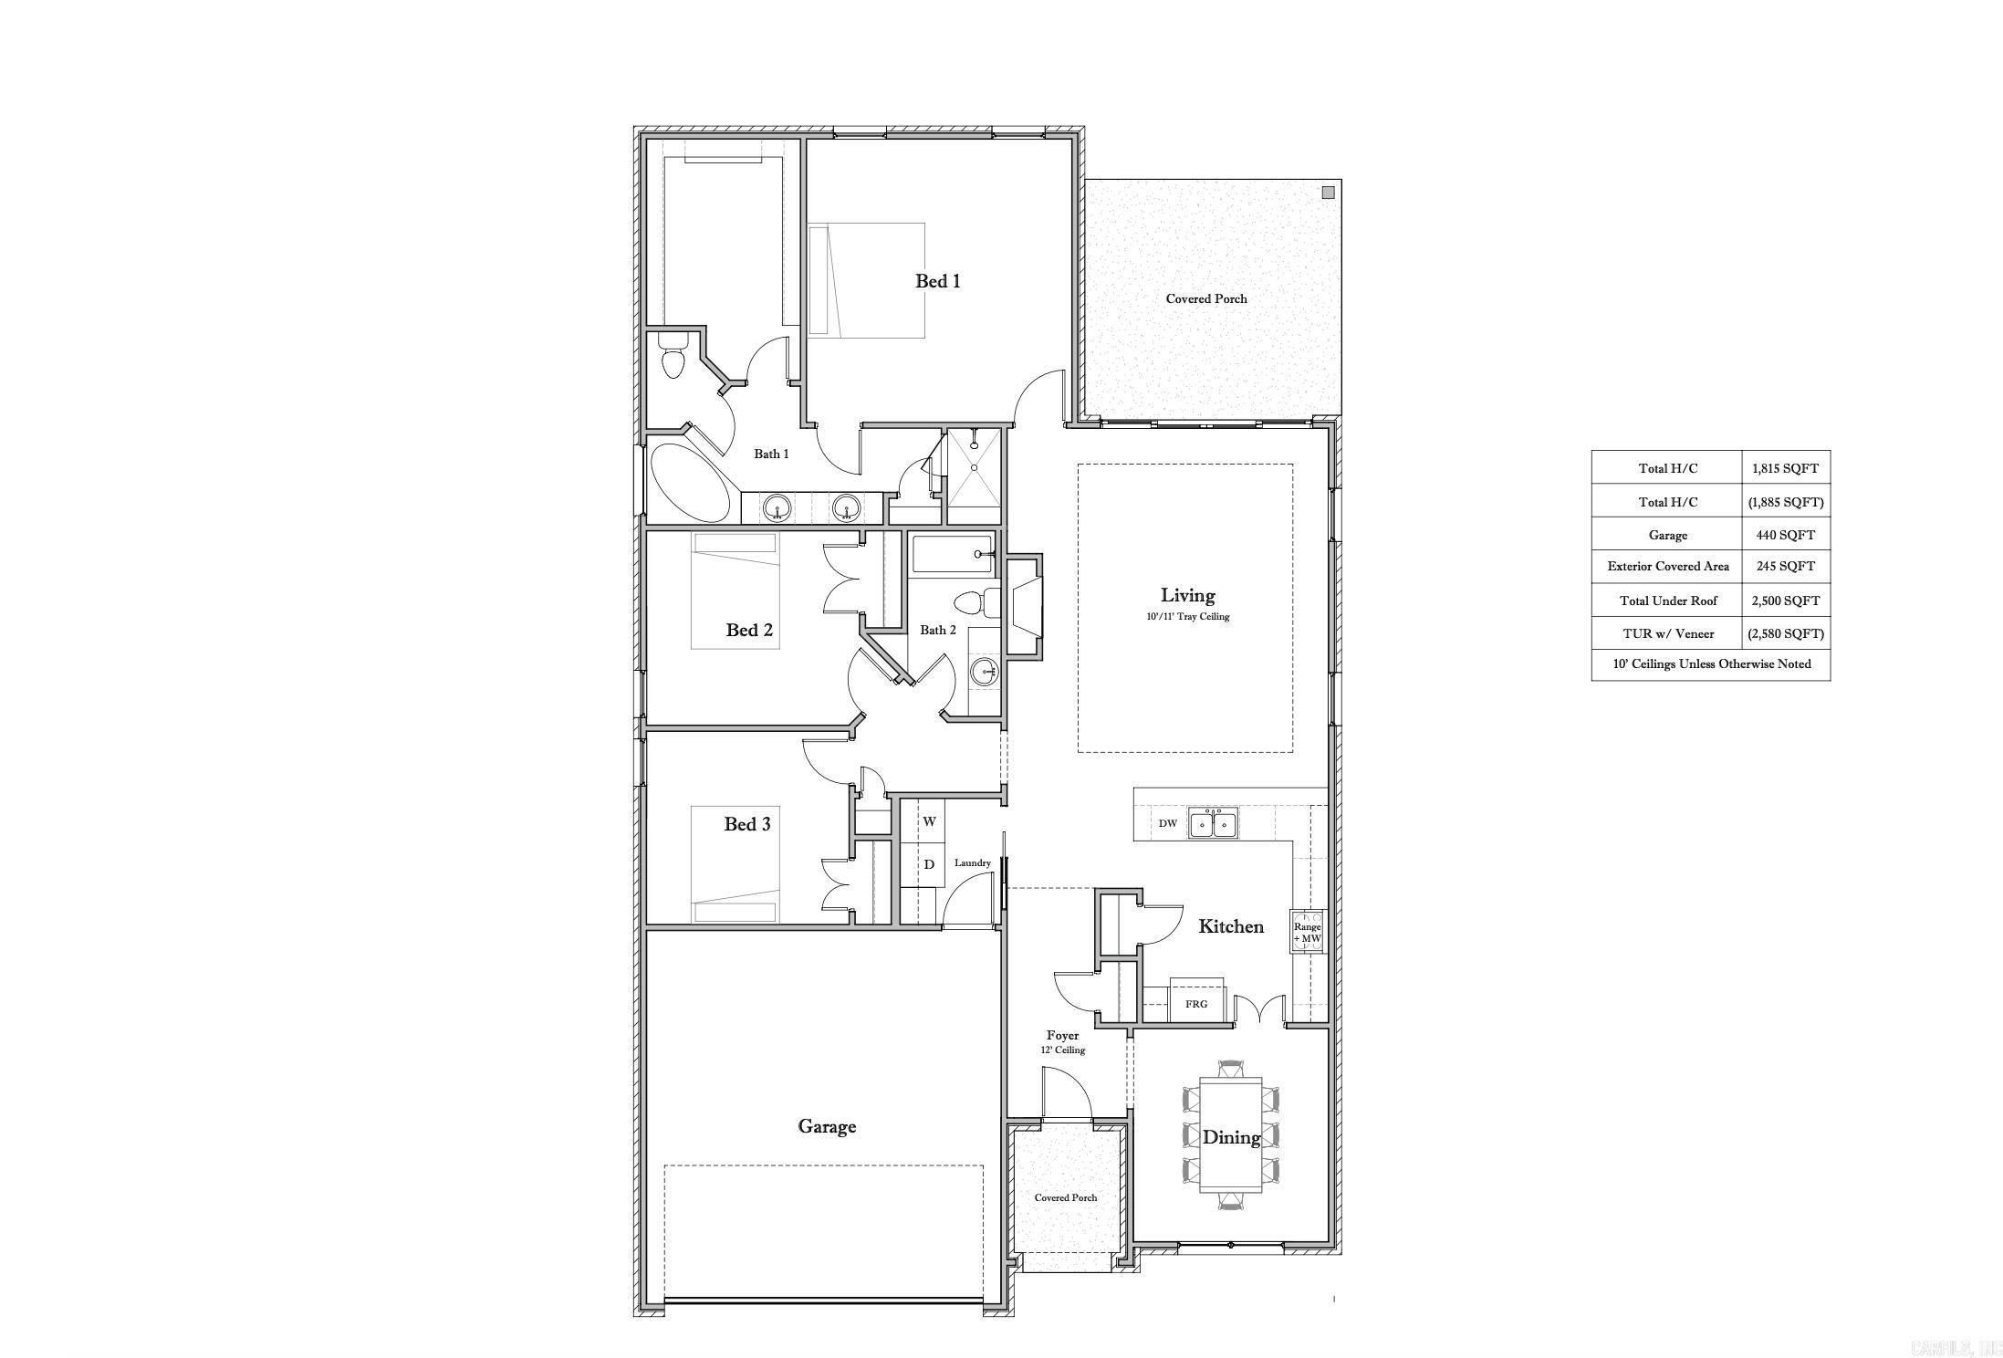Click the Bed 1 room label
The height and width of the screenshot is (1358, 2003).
click(937, 281)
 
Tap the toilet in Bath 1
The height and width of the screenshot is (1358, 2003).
click(673, 356)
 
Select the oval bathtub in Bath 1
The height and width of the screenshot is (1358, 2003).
click(690, 484)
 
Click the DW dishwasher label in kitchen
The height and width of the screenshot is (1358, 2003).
click(1167, 823)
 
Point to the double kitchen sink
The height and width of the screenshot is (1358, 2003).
click(1212, 823)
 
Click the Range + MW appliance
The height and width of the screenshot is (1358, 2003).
click(1307, 932)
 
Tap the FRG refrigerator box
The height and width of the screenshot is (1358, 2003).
click(1196, 1003)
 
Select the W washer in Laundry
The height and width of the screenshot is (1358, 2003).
click(929, 821)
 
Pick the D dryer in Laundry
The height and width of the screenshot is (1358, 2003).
click(929, 864)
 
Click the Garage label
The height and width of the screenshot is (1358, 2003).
click(827, 1126)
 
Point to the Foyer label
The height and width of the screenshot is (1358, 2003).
click(1062, 1036)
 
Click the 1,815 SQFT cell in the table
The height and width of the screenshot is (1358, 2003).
click(1785, 468)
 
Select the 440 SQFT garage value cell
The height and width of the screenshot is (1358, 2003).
click(1785, 535)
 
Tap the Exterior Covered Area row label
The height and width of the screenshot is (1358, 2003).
click(1667, 566)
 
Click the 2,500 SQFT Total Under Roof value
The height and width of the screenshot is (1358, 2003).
click(1785, 601)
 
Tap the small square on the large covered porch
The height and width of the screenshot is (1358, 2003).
click(1328, 193)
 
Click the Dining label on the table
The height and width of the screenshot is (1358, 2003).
click(1231, 1137)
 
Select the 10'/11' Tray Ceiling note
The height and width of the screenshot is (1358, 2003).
click(1187, 617)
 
